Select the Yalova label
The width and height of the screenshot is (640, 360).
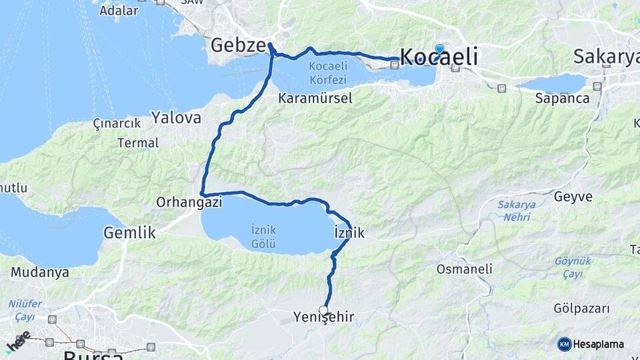(x=176, y=118)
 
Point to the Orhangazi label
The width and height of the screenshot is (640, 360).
(x=189, y=201)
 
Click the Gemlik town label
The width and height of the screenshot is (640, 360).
(x=129, y=233)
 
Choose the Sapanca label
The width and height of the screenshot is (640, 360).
(x=562, y=98)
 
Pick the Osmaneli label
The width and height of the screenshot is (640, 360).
(x=464, y=269)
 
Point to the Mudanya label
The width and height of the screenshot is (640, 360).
(x=40, y=272)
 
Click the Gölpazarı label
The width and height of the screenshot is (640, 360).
(x=582, y=309)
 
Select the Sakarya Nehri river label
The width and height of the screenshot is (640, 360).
(x=517, y=210)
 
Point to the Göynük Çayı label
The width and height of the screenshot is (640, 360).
(x=572, y=267)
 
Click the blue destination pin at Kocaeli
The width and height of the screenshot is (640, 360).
(x=439, y=49)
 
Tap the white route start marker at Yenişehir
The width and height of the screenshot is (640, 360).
(x=324, y=310)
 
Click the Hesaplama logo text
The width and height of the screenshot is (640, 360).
(x=599, y=344)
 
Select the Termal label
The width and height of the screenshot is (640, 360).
(x=138, y=143)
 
